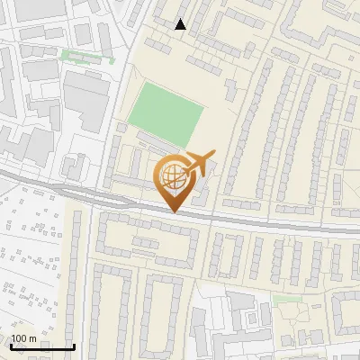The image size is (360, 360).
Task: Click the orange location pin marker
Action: pos(174,180)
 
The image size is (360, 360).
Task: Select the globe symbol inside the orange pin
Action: pos(172,175)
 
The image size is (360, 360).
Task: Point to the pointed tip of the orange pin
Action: pos(174,211)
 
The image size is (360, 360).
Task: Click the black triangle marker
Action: pos(181,24)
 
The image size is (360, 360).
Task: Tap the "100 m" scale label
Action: pos(23,338)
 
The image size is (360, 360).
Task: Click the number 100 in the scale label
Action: pos(19,338)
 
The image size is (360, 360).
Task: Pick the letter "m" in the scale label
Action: pos(32,338)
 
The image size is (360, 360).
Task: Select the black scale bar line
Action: pos(42,346)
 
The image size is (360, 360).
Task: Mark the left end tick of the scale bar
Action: pos(11,345)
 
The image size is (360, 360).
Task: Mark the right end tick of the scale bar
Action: pos(74,345)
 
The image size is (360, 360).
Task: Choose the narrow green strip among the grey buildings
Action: pos(87,55)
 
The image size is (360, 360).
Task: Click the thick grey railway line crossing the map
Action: pos(270,221)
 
